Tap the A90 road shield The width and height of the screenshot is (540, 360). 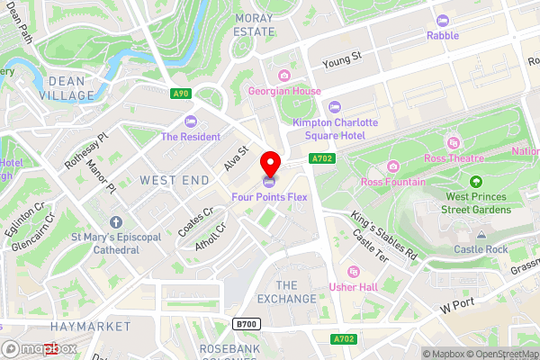tap(180, 92)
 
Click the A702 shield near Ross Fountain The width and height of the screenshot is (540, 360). tap(322, 158)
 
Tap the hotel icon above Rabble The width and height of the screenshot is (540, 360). tap(442, 20)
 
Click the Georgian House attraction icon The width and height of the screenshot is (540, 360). tap(284, 76)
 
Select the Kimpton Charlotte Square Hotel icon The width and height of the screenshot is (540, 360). tap(335, 106)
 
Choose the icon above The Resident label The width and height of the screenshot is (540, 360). tap(190, 121)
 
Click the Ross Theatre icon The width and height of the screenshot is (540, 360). tap(453, 143)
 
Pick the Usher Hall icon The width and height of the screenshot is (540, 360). tap(354, 271)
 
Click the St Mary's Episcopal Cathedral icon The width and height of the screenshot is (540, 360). tap(116, 222)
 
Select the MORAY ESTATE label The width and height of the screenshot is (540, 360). tap(254, 24)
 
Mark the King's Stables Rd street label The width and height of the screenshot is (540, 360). tap(384, 236)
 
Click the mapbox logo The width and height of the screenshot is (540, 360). tap(40, 348)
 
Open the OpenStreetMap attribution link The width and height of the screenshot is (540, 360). tap(497, 354)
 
